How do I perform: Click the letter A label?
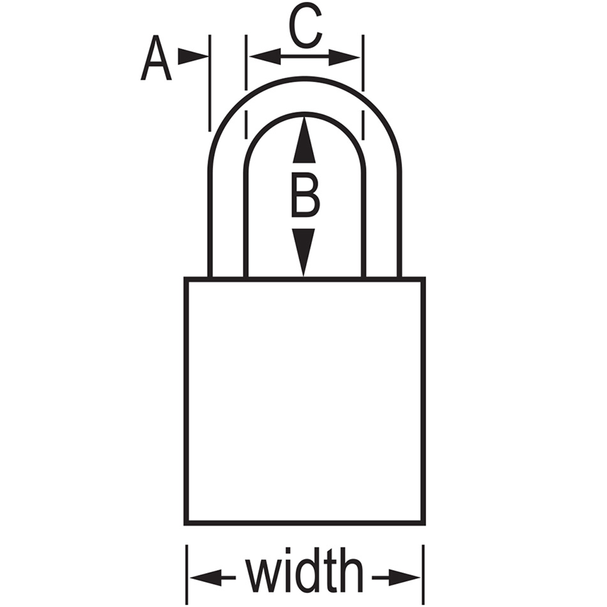click(155, 58)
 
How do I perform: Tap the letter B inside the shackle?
click(305, 196)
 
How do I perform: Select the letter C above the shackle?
click(305, 26)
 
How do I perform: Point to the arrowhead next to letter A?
click(193, 56)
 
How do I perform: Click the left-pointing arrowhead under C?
click(265, 57)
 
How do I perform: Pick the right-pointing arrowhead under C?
click(344, 58)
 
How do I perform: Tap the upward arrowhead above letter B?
click(304, 140)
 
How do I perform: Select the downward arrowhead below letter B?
click(303, 253)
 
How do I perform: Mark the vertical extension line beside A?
click(210, 83)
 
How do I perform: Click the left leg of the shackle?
click(228, 225)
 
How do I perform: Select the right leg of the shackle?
click(382, 225)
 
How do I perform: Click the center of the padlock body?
click(305, 401)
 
